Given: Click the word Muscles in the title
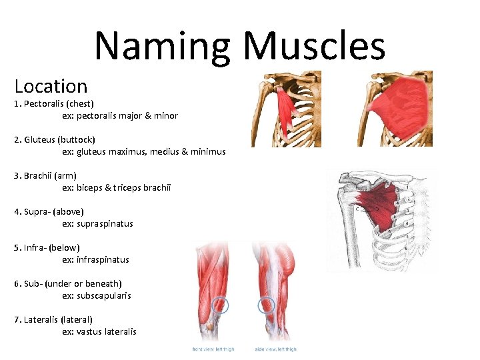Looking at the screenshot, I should point(314,47).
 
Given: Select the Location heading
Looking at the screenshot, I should point(51,86).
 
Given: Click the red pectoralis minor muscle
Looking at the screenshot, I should point(285,107).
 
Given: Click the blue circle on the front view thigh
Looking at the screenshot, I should point(219,306).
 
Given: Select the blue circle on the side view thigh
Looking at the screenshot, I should point(266,305).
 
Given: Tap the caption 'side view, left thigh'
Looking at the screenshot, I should point(275,349).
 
